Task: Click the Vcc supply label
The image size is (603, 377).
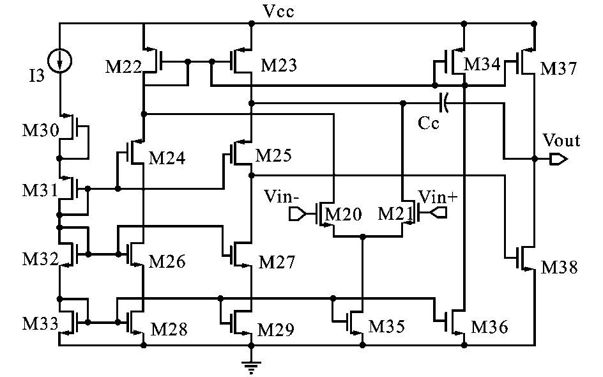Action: (279, 12)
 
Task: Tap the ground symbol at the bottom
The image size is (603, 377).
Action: (251, 367)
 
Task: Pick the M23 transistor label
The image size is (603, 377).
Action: (279, 66)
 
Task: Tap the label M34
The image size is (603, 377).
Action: (482, 64)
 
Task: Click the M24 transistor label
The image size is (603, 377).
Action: (168, 158)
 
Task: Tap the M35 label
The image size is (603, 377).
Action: (387, 328)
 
